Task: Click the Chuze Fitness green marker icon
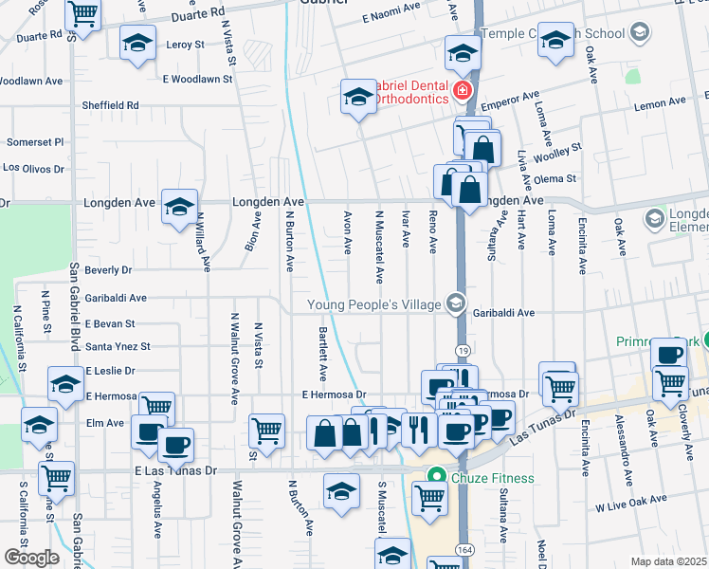click(437, 477)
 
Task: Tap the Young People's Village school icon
click(456, 303)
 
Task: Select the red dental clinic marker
click(462, 92)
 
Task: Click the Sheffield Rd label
click(110, 105)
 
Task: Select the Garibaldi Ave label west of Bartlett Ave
click(115, 298)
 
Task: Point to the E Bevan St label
click(110, 323)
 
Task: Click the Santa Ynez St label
click(118, 347)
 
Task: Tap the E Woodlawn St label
click(197, 80)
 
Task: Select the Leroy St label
click(185, 45)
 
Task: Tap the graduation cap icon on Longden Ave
click(179, 206)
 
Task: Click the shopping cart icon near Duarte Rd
click(83, 13)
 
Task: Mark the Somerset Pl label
click(35, 141)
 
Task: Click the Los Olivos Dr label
click(33, 168)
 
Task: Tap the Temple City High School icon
click(640, 34)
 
